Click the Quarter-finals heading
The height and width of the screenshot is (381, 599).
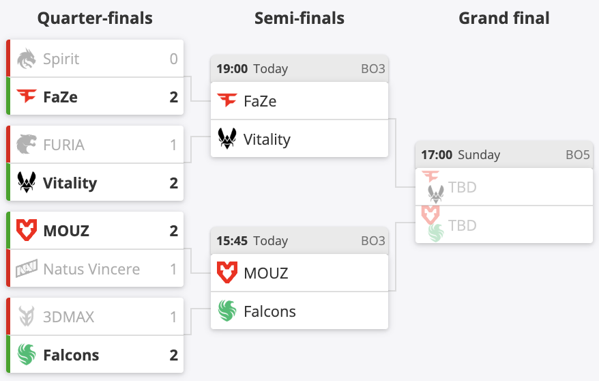[95, 18]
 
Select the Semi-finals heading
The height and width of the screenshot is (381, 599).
[299, 18]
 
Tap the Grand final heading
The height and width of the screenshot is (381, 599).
[503, 18]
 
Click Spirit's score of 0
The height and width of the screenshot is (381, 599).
[173, 59]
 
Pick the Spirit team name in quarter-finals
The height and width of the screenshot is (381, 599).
[61, 59]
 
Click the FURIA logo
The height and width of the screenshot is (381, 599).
[27, 145]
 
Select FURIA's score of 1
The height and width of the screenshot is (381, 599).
[173, 145]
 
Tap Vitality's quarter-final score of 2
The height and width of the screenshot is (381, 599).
[173, 183]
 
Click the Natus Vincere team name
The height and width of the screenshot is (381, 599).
[91, 269]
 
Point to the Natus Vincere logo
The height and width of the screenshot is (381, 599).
[27, 269]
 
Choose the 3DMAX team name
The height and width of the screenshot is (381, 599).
[69, 317]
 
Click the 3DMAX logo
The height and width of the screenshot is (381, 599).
[27, 317]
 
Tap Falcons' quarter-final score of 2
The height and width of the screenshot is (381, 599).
[173, 355]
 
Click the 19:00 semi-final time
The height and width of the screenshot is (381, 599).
[232, 69]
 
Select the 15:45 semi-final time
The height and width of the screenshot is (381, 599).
[232, 241]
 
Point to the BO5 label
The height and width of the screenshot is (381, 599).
[577, 155]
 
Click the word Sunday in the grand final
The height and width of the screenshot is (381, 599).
[479, 155]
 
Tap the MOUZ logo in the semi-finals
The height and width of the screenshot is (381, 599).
[227, 273]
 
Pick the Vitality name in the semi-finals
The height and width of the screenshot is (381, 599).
[267, 140]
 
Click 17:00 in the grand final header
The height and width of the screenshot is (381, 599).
[437, 155]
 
